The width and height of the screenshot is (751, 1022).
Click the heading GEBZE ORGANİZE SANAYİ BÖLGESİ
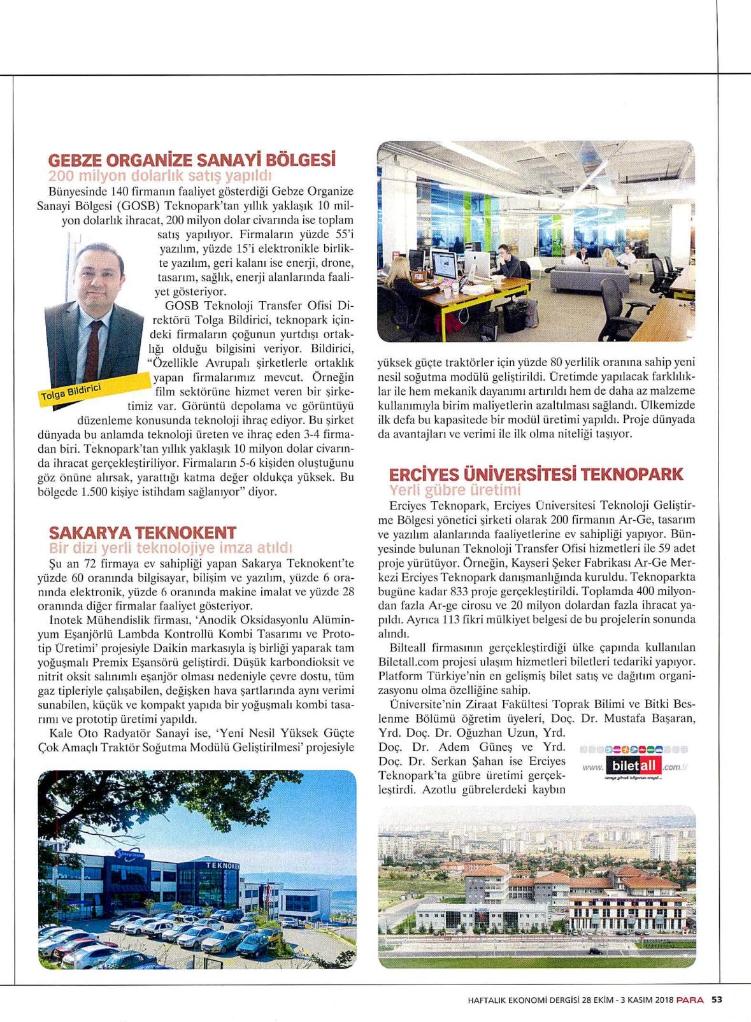pyautogui.click(x=192, y=159)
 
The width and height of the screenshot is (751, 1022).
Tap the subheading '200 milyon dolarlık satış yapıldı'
pyautogui.click(x=161, y=175)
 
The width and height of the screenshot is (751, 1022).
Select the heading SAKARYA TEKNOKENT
pyautogui.click(x=143, y=532)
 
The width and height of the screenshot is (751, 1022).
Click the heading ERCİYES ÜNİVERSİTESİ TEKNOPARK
pyautogui.click(x=536, y=474)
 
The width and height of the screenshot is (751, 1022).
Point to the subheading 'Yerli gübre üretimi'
pyautogui.click(x=455, y=490)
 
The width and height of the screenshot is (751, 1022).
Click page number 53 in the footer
pyautogui.click(x=717, y=999)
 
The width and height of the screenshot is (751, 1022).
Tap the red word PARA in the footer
pyautogui.click(x=690, y=999)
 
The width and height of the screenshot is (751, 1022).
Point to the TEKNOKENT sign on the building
pyautogui.click(x=222, y=866)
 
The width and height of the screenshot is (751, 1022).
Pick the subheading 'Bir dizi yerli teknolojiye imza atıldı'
pyautogui.click(x=171, y=548)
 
